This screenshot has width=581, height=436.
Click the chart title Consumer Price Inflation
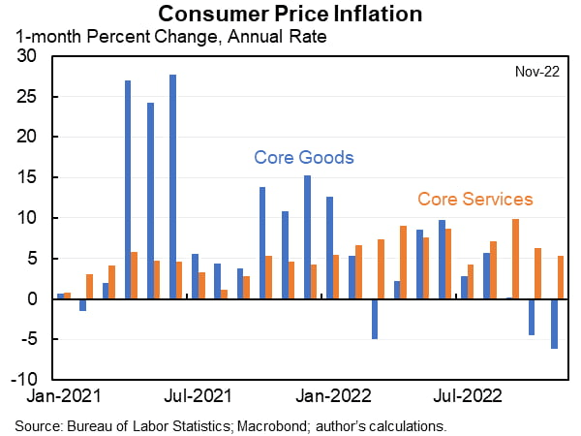(x=290, y=14)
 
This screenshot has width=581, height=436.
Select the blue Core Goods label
(x=303, y=157)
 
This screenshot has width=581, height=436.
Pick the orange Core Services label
(x=474, y=199)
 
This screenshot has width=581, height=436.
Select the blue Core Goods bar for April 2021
(x=128, y=190)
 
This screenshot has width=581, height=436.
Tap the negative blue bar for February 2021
(x=83, y=304)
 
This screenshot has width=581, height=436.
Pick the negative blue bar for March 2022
(x=375, y=319)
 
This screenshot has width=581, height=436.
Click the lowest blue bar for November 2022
(x=555, y=324)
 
